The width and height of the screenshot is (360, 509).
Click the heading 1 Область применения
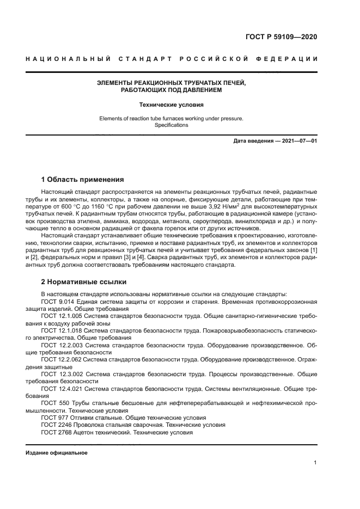[83, 179]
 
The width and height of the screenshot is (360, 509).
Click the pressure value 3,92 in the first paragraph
[216, 207]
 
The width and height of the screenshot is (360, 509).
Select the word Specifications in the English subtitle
[171, 125]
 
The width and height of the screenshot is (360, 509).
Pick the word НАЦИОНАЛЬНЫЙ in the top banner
[68, 59]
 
